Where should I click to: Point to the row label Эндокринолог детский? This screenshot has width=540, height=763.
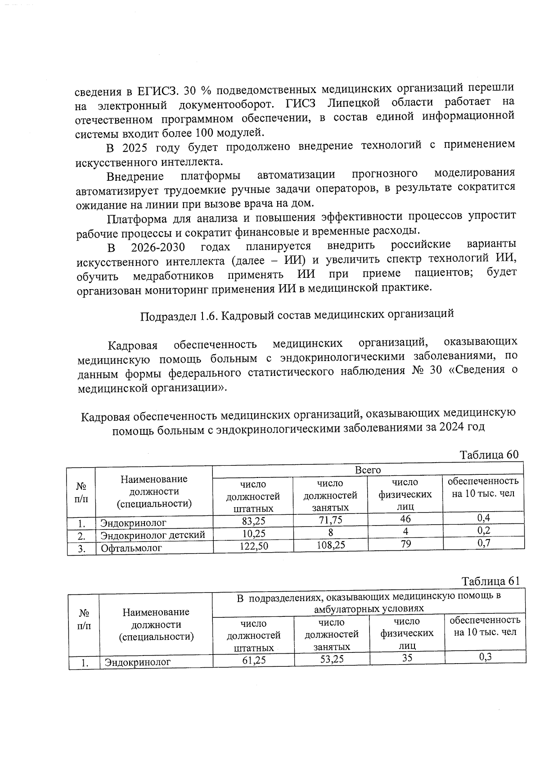click(x=153, y=535)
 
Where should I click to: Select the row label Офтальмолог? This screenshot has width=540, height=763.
click(x=131, y=548)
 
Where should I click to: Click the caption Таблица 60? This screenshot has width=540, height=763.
click(x=489, y=455)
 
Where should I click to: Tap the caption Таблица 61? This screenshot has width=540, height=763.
click(x=490, y=581)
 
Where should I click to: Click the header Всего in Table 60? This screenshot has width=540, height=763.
click(x=368, y=470)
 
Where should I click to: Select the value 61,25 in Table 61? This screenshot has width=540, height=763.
click(x=254, y=660)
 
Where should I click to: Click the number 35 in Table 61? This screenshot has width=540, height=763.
click(x=407, y=658)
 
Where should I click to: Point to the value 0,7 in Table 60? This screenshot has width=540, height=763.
click(x=483, y=543)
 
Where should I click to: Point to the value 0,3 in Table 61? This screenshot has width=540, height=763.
click(x=485, y=657)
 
